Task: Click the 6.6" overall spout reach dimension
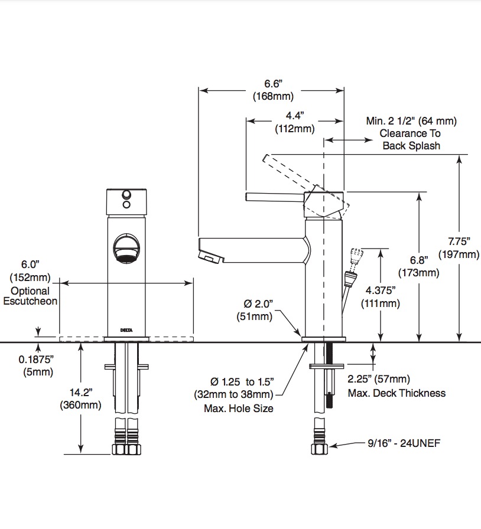(273, 90)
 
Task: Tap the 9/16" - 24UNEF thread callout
(404, 443)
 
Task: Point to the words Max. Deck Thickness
(397, 393)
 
